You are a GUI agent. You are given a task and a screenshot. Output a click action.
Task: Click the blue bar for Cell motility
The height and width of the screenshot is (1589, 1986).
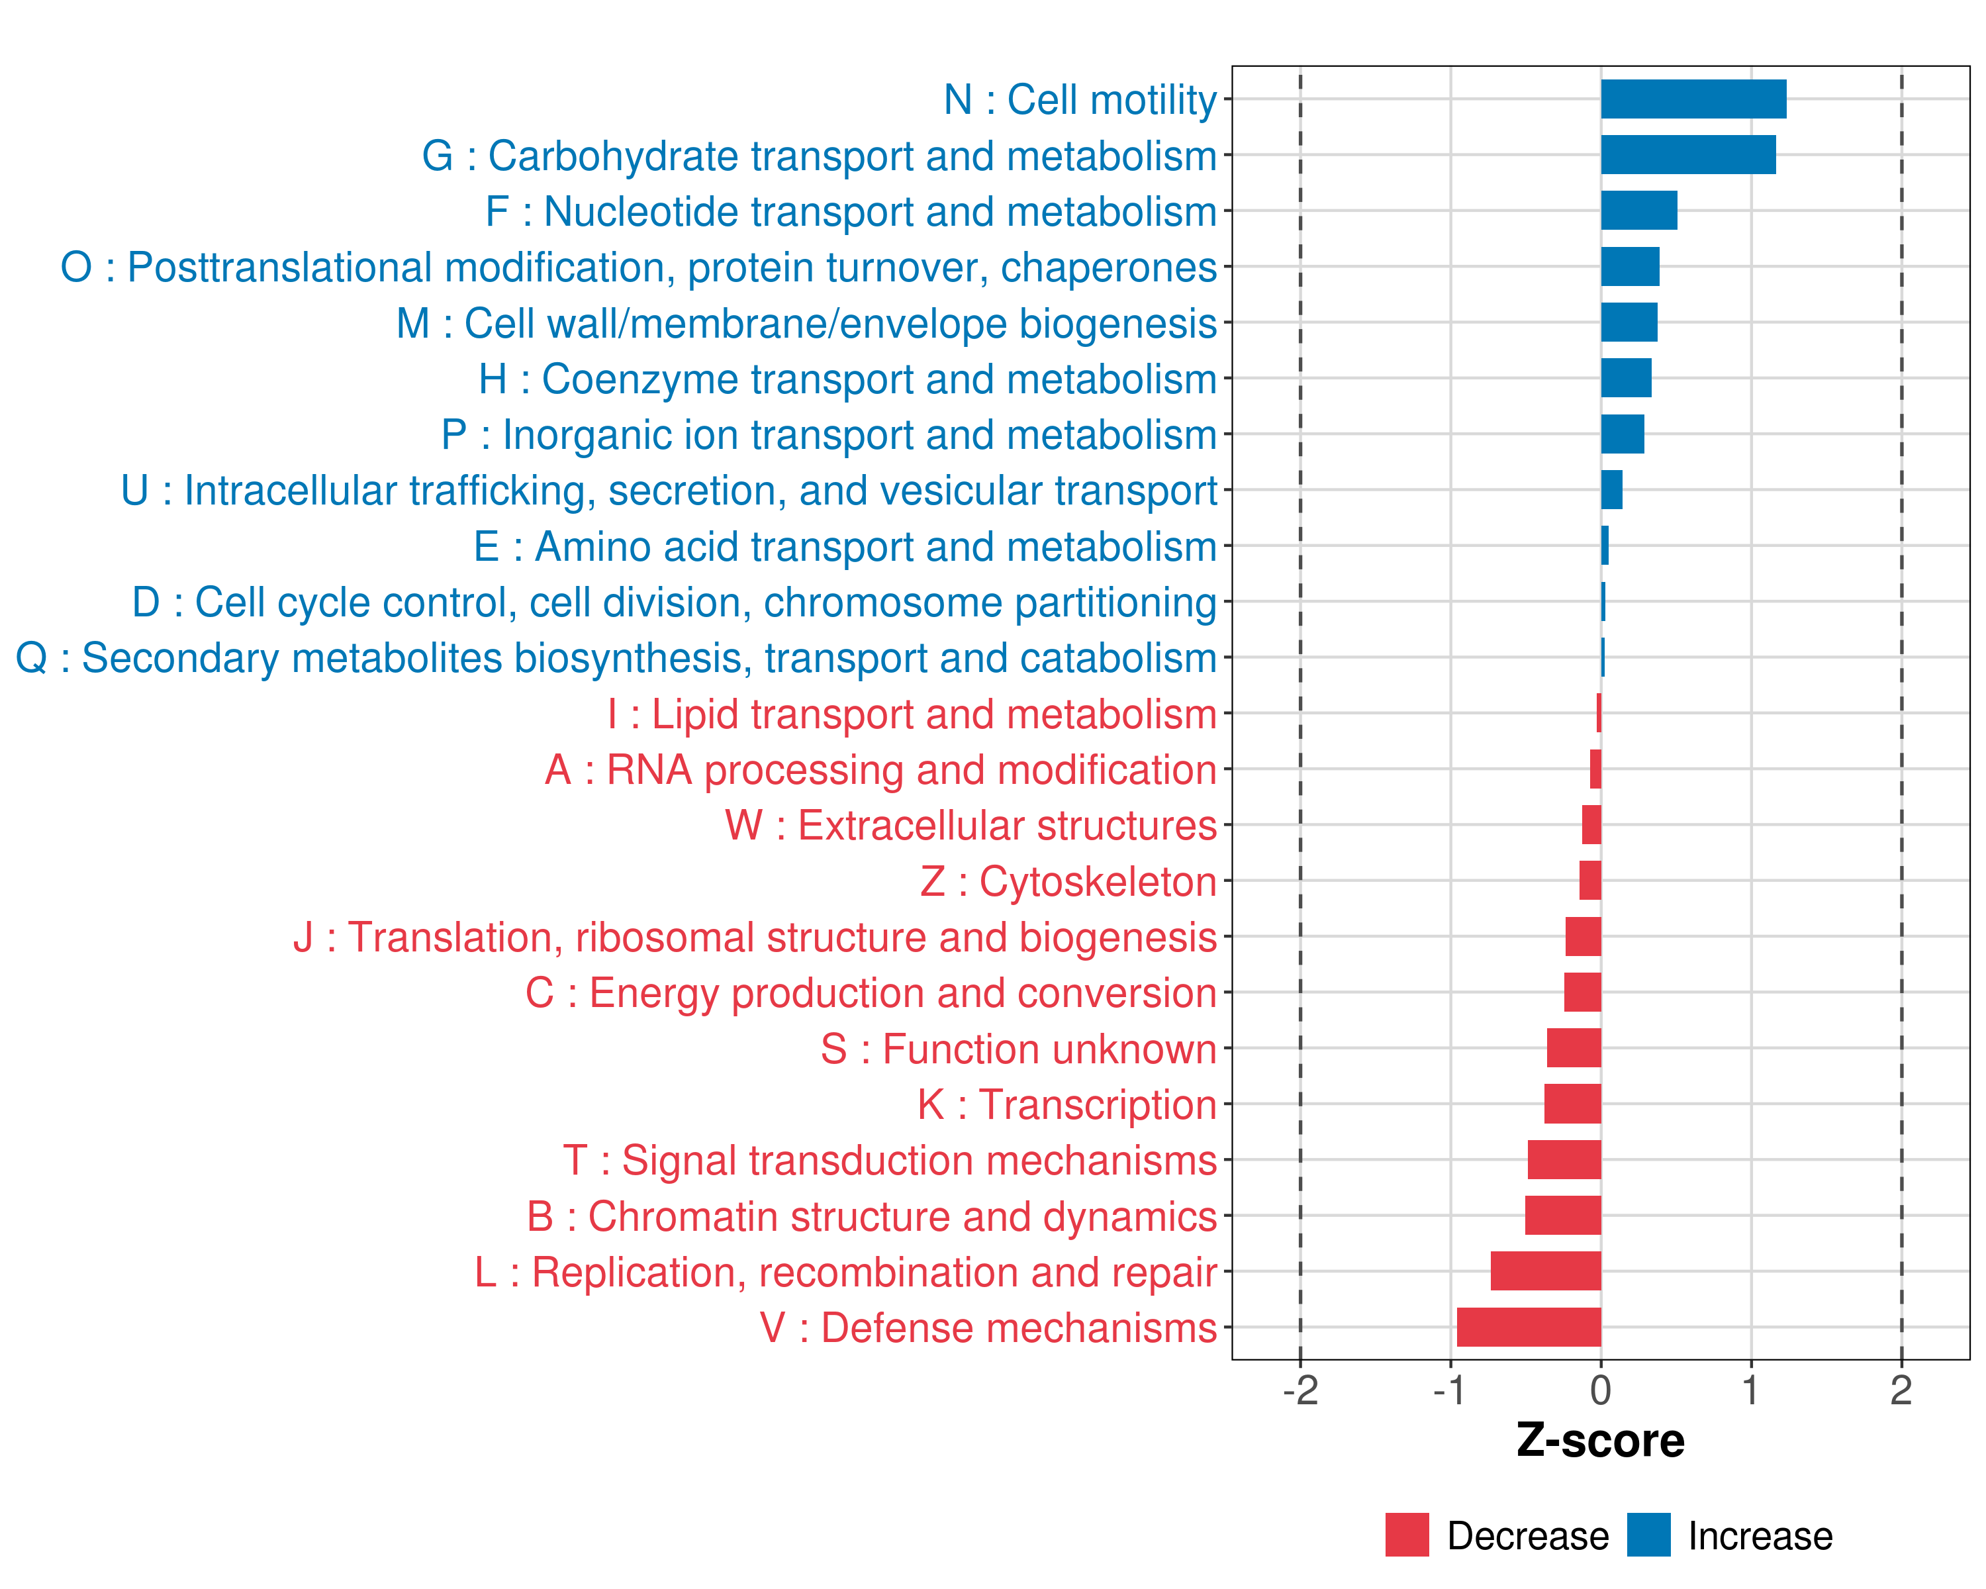(1693, 99)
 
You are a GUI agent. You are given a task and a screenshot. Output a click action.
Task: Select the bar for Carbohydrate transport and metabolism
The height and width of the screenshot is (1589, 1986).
(1687, 155)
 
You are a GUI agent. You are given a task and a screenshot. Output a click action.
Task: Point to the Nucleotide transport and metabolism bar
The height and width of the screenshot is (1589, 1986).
(1638, 211)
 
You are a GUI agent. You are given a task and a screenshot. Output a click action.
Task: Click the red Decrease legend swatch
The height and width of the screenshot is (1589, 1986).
(1407, 1535)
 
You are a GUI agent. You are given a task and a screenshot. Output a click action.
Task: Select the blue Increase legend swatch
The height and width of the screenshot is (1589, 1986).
(1648, 1535)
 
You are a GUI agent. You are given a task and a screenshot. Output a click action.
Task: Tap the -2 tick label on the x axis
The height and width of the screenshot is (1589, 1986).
(1300, 1391)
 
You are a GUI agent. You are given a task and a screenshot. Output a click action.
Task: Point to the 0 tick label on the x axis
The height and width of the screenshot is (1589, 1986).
(1600, 1391)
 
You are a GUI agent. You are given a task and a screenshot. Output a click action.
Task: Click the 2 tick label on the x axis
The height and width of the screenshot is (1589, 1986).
(1901, 1391)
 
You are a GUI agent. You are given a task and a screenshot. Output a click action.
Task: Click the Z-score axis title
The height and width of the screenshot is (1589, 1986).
(1600, 1441)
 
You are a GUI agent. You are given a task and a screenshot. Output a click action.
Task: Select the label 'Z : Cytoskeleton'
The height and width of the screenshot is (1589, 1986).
(1068, 881)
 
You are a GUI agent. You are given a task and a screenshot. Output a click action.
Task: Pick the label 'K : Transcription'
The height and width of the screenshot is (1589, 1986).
(1066, 1104)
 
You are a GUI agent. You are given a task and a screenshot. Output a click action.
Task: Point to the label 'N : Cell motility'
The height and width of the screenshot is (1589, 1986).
(1080, 99)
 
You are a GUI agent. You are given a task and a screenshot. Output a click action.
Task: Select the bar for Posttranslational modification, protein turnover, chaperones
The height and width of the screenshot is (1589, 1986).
(1630, 267)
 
